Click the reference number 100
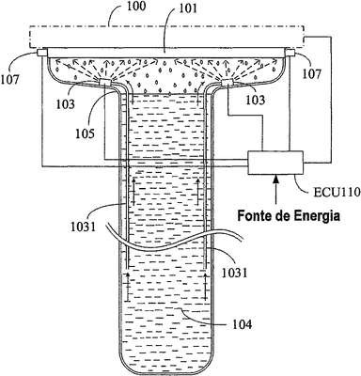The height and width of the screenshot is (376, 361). point(136,8)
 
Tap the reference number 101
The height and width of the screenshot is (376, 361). point(188,8)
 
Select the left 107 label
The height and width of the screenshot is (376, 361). point(10,79)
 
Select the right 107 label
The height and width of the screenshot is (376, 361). point(312,74)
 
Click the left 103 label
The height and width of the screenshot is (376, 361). point(66,104)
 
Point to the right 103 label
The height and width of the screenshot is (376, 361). point(255,100)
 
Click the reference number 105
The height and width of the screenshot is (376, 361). point(85,133)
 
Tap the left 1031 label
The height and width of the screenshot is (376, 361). point(83,227)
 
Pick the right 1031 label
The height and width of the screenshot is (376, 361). point(234,273)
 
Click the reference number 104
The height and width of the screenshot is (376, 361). point(242,324)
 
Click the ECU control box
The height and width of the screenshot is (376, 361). point(275,163)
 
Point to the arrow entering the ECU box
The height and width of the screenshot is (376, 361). point(275,190)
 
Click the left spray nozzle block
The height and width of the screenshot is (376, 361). point(105,83)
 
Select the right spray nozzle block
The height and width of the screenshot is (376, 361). point(228,83)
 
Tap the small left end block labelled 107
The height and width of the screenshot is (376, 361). point(41,53)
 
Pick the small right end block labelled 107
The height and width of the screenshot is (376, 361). point(290,53)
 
